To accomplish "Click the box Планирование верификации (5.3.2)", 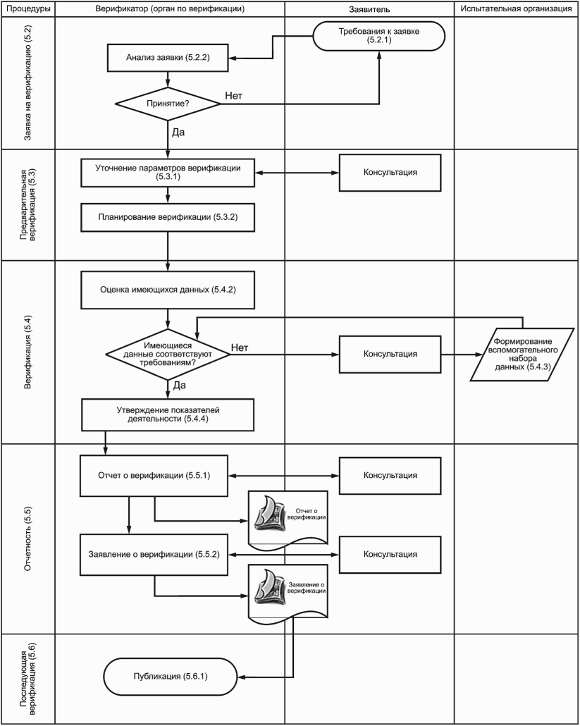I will [x=168, y=217].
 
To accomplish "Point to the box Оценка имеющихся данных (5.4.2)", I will [x=168, y=290].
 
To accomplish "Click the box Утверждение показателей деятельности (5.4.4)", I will [x=168, y=414].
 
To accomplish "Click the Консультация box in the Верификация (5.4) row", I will [x=390, y=354].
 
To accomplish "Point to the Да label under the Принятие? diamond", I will [x=178, y=132].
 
